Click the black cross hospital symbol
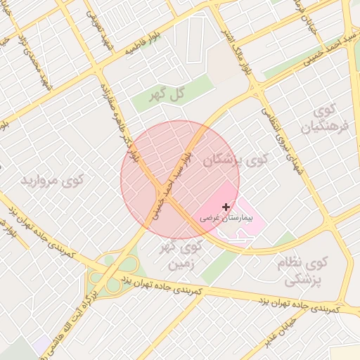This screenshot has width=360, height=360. click(x=226, y=207)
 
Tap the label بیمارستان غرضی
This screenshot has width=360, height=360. click(x=224, y=219)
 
